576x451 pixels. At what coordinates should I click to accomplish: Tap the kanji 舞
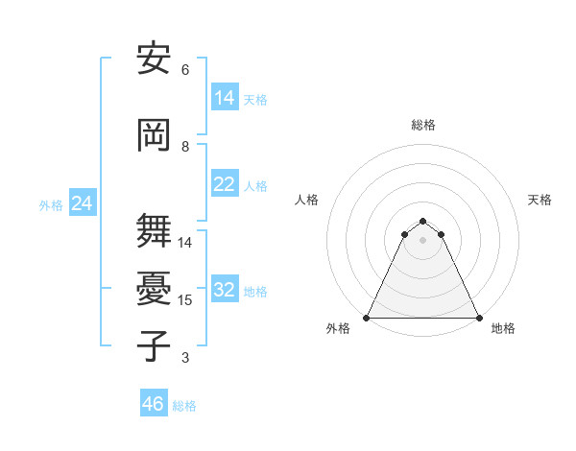click(154, 230)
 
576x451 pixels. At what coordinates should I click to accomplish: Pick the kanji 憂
click(154, 288)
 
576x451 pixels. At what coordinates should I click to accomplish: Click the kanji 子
click(154, 345)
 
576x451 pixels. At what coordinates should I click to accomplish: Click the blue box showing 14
click(225, 97)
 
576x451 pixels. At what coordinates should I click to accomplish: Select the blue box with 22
click(225, 184)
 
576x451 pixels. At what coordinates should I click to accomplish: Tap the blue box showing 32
click(225, 290)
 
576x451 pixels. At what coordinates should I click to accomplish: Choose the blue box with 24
click(82, 203)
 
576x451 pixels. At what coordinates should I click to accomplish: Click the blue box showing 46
click(154, 404)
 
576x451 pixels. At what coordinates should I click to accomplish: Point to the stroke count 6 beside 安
click(185, 69)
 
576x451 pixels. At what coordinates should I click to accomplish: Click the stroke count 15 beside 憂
click(185, 300)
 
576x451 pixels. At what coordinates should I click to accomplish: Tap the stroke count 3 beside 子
click(185, 358)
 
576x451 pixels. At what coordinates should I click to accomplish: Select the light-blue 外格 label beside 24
click(51, 204)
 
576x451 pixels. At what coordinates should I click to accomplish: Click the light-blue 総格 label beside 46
click(184, 406)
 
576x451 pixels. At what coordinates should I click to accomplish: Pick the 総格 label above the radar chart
click(423, 125)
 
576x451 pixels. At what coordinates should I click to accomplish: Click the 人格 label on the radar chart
click(306, 200)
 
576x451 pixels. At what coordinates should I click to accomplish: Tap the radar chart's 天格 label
click(540, 200)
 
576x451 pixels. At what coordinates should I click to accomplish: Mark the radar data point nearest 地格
click(478, 317)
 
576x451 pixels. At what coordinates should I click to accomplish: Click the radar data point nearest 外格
click(367, 317)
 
